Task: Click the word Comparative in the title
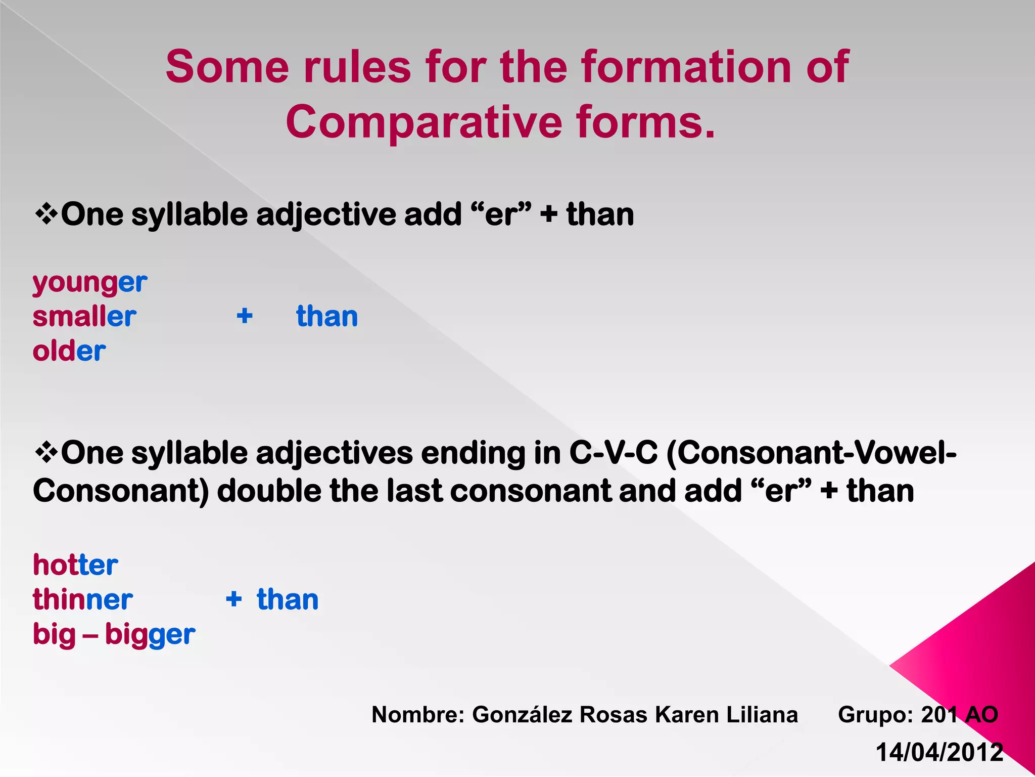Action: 424,122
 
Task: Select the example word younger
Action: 90,283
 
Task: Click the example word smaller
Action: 84,317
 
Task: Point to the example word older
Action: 69,351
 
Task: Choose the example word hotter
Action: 75,565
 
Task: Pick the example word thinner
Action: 83,600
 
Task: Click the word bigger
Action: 150,635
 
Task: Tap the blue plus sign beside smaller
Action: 245,316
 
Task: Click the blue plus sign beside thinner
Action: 233,599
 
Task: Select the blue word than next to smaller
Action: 327,317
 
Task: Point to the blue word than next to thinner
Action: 288,600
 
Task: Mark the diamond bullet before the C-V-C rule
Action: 46,452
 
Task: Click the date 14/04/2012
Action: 939,752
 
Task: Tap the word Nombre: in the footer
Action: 417,715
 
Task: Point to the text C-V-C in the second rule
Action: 614,452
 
